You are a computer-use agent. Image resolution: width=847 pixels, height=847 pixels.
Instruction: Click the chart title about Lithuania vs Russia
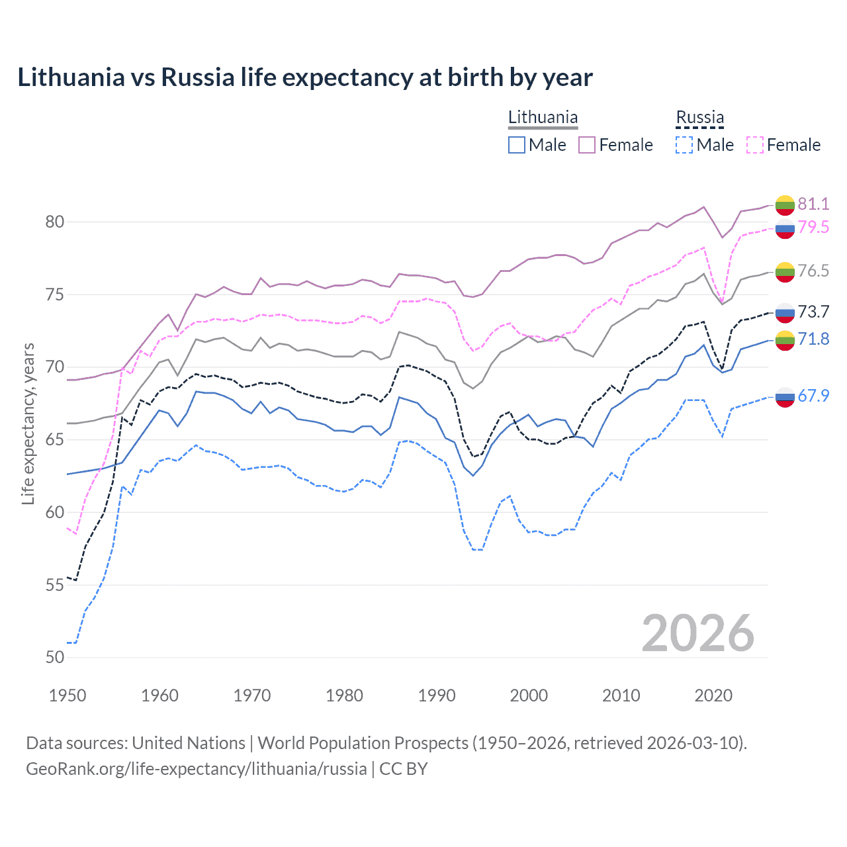tap(305, 77)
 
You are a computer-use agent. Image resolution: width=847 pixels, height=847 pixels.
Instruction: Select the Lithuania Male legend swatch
tap(517, 145)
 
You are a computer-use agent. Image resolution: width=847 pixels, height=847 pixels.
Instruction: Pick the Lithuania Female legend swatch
tap(587, 145)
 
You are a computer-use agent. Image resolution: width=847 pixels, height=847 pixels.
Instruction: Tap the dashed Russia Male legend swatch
tap(684, 145)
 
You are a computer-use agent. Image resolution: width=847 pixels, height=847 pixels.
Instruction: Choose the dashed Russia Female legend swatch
tap(755, 145)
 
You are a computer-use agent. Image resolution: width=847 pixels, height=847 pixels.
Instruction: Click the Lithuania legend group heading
tap(543, 118)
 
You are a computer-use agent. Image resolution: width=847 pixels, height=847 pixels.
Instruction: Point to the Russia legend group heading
tap(699, 118)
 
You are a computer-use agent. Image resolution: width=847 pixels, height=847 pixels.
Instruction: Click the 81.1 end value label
tap(813, 204)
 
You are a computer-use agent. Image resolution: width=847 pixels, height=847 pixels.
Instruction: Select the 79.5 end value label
tap(813, 228)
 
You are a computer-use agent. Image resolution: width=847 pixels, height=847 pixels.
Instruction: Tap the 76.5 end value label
tap(813, 271)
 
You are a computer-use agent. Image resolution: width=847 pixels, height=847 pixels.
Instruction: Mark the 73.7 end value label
tap(813, 312)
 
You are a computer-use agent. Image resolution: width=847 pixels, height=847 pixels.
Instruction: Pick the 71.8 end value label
tap(813, 339)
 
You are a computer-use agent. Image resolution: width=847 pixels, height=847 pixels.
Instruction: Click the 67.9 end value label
tap(813, 396)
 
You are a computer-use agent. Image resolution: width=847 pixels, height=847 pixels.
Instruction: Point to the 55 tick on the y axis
tap(55, 585)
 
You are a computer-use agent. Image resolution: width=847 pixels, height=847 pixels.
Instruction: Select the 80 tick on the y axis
tap(55, 222)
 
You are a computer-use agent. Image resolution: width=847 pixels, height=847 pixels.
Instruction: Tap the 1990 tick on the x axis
tap(437, 695)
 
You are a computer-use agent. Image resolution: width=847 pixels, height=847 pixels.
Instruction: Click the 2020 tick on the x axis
tap(713, 695)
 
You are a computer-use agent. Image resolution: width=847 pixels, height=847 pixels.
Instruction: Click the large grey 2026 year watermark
tap(697, 633)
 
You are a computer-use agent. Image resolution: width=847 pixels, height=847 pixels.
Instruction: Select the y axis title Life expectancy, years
tap(28, 423)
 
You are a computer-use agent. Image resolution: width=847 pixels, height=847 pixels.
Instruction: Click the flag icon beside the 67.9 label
tap(785, 397)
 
